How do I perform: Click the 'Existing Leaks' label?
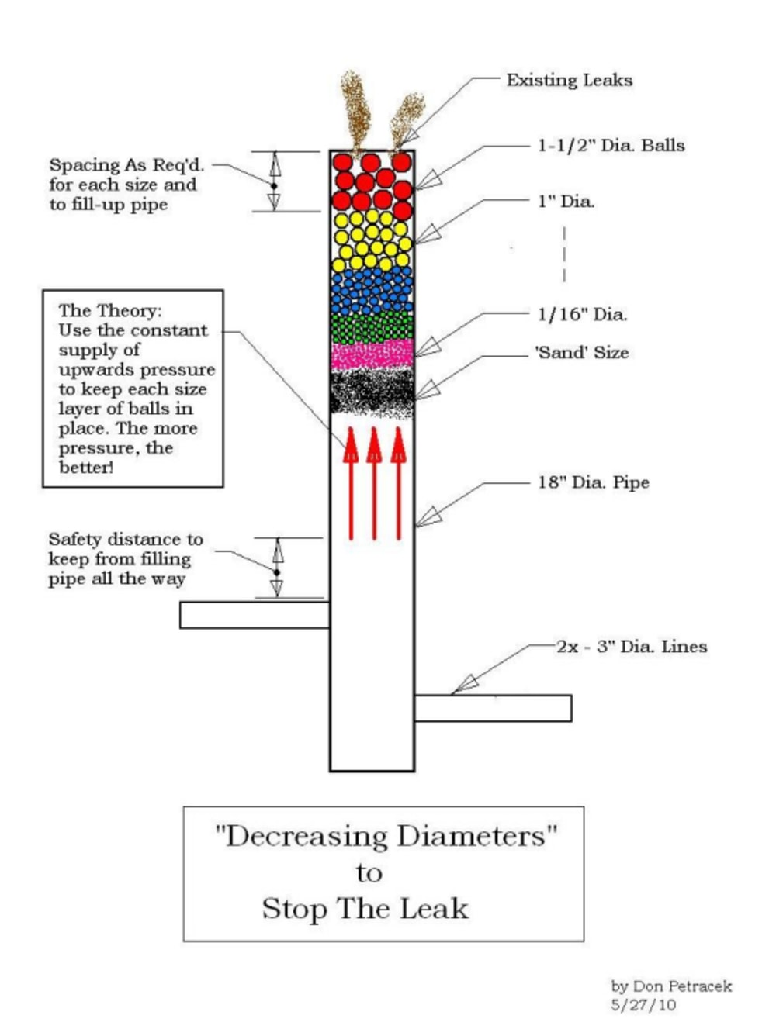coord(569,80)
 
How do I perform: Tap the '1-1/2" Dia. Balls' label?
coord(611,145)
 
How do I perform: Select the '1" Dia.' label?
coord(566,202)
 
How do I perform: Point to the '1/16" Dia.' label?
coord(582,314)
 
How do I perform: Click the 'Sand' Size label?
coord(581,352)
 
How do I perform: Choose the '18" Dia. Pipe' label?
coord(593,482)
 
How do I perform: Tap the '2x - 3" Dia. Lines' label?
coord(631,646)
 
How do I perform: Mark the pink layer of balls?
coord(372,354)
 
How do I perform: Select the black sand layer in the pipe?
coord(372,392)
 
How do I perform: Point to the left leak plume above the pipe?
coord(355,109)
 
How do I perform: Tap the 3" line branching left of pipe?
coord(255,615)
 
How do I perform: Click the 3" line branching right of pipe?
coord(493,708)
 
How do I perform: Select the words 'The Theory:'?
coord(110,310)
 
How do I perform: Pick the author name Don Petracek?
coord(682,986)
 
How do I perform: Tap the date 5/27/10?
coord(643,1005)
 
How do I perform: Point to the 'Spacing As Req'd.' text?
coord(126,164)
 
